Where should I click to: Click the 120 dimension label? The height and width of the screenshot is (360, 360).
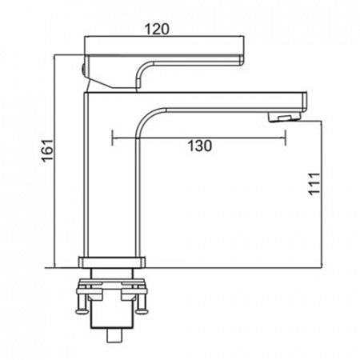point(157,29)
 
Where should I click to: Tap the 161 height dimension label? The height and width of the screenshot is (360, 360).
point(47,150)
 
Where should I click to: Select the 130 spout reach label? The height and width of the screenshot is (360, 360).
point(200,146)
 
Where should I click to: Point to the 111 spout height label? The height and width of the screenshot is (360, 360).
point(314,184)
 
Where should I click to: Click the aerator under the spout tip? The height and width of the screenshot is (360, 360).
point(284,117)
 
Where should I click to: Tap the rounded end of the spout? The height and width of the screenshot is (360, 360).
point(305,102)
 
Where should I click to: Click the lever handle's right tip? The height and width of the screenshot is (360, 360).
point(242,60)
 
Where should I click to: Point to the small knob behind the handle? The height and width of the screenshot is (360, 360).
point(83,70)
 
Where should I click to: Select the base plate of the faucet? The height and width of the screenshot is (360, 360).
point(112,262)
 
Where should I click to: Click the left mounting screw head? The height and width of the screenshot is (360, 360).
point(82,311)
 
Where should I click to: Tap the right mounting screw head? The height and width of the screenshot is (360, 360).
point(142,310)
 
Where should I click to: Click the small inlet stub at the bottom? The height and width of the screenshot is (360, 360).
point(114,335)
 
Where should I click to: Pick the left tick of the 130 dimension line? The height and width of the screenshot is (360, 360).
point(113,138)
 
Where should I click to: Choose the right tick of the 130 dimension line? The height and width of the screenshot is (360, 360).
point(286,138)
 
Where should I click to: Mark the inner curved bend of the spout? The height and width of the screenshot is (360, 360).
point(146,118)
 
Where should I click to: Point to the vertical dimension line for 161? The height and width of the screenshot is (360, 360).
point(54,161)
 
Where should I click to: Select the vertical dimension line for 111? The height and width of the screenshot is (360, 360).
point(322,194)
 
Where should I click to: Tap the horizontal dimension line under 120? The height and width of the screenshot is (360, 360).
point(164,36)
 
